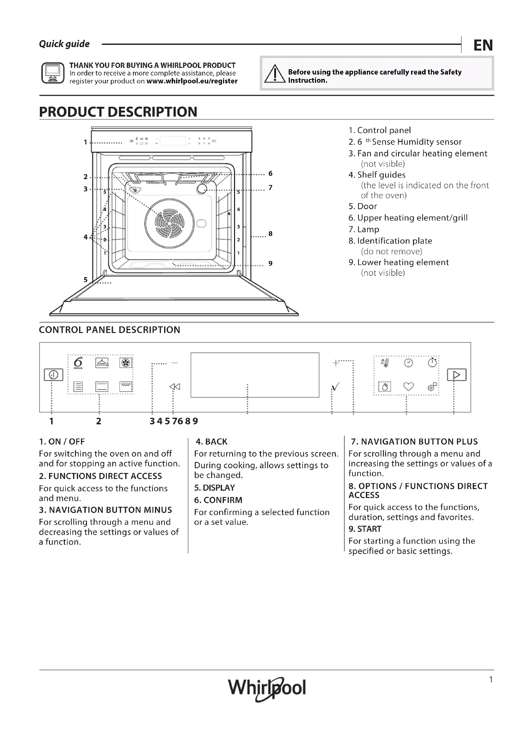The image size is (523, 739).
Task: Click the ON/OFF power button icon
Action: coord(53,375)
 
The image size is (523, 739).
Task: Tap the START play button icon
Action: coord(456,375)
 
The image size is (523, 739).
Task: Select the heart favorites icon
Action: coord(408,386)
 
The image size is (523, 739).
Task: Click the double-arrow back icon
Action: coord(175,386)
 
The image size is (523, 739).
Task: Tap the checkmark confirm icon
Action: coord(335,386)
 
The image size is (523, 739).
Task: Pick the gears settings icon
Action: coord(432,386)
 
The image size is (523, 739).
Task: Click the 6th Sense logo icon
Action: coord(77,363)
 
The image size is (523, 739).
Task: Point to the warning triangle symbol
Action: coord(274,74)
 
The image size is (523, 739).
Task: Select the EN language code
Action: coord(483,45)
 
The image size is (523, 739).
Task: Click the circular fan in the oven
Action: coord(169,223)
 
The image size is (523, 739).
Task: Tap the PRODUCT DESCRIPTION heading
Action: coord(118,112)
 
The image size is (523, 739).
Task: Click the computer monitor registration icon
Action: coord(53,73)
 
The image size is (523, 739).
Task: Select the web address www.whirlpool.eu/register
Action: coord(192,81)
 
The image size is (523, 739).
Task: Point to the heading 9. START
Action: coord(365,529)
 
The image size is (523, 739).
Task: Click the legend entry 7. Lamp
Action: coord(364,229)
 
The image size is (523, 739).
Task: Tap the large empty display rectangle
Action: coord(255,375)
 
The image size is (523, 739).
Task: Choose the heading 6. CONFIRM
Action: coord(218,500)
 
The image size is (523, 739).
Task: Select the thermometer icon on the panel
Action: coord(385,363)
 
